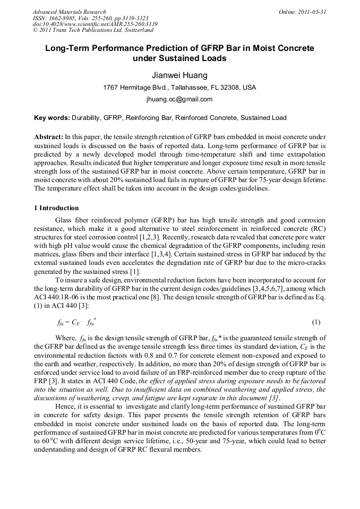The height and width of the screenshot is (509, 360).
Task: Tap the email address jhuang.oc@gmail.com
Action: pos(179,99)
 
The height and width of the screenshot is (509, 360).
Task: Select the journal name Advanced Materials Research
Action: pos(69,12)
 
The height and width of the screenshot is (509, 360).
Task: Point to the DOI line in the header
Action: pos(95,24)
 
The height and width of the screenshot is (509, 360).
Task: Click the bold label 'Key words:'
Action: pos(52,118)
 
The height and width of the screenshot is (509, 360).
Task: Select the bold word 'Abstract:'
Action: pos(48,137)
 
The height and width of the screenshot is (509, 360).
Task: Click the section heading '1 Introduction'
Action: pos(56,208)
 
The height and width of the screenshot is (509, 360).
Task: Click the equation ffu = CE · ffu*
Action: pos(76,322)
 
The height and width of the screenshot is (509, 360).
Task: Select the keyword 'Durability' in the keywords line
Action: pos(86,118)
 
